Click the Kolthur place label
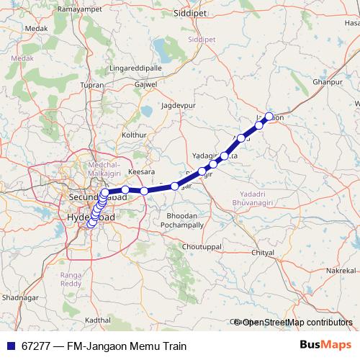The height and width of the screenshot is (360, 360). tap(135, 135)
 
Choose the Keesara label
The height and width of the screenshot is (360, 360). tap(140, 173)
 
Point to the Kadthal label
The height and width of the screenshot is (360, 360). tap(98, 319)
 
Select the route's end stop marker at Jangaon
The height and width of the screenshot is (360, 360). tap(269, 116)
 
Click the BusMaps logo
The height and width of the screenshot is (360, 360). tap(325, 346)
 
